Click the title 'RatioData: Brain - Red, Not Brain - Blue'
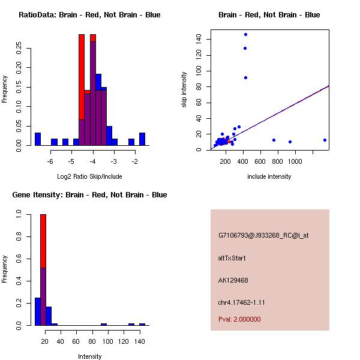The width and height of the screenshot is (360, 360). click(89, 15)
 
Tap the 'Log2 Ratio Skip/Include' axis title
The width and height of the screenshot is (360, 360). click(89, 177)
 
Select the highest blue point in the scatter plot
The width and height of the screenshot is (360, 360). click(245, 34)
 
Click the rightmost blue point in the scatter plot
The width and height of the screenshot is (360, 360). click(325, 140)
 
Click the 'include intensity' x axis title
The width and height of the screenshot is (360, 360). click(269, 177)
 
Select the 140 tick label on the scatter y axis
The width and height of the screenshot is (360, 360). click(199, 40)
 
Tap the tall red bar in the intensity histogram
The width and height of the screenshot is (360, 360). click(43, 240)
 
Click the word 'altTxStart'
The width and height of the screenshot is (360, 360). click(232, 258)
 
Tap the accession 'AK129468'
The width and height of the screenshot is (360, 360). click(233, 280)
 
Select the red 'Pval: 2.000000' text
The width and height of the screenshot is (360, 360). click(239, 319)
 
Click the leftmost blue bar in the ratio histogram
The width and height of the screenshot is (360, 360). click(38, 139)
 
